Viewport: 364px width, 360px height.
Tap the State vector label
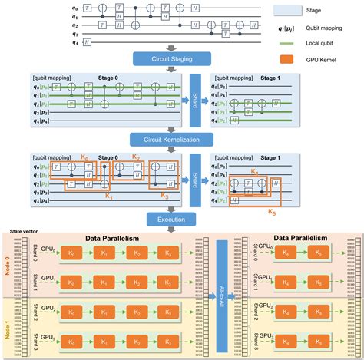point(16,230)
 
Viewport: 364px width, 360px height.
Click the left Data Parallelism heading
point(115,239)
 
